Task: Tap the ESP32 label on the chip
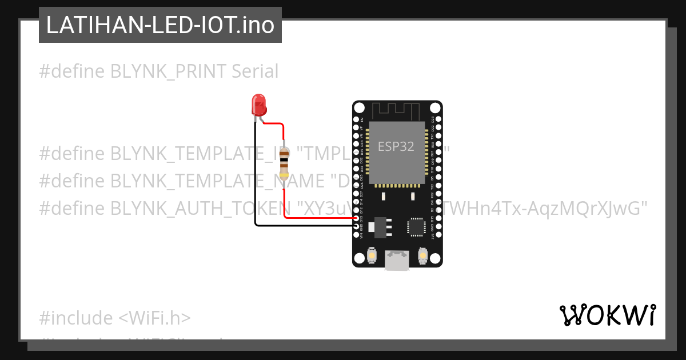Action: tap(396, 146)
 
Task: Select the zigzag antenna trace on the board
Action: tap(397, 109)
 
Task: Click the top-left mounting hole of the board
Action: tap(360, 108)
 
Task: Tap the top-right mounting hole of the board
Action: tap(434, 108)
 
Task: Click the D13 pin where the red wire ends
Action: tap(357, 218)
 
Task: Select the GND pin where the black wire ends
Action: tap(357, 226)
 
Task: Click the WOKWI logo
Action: tap(607, 315)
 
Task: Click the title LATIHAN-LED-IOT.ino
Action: tap(160, 25)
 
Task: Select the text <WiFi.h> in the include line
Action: tap(154, 318)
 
